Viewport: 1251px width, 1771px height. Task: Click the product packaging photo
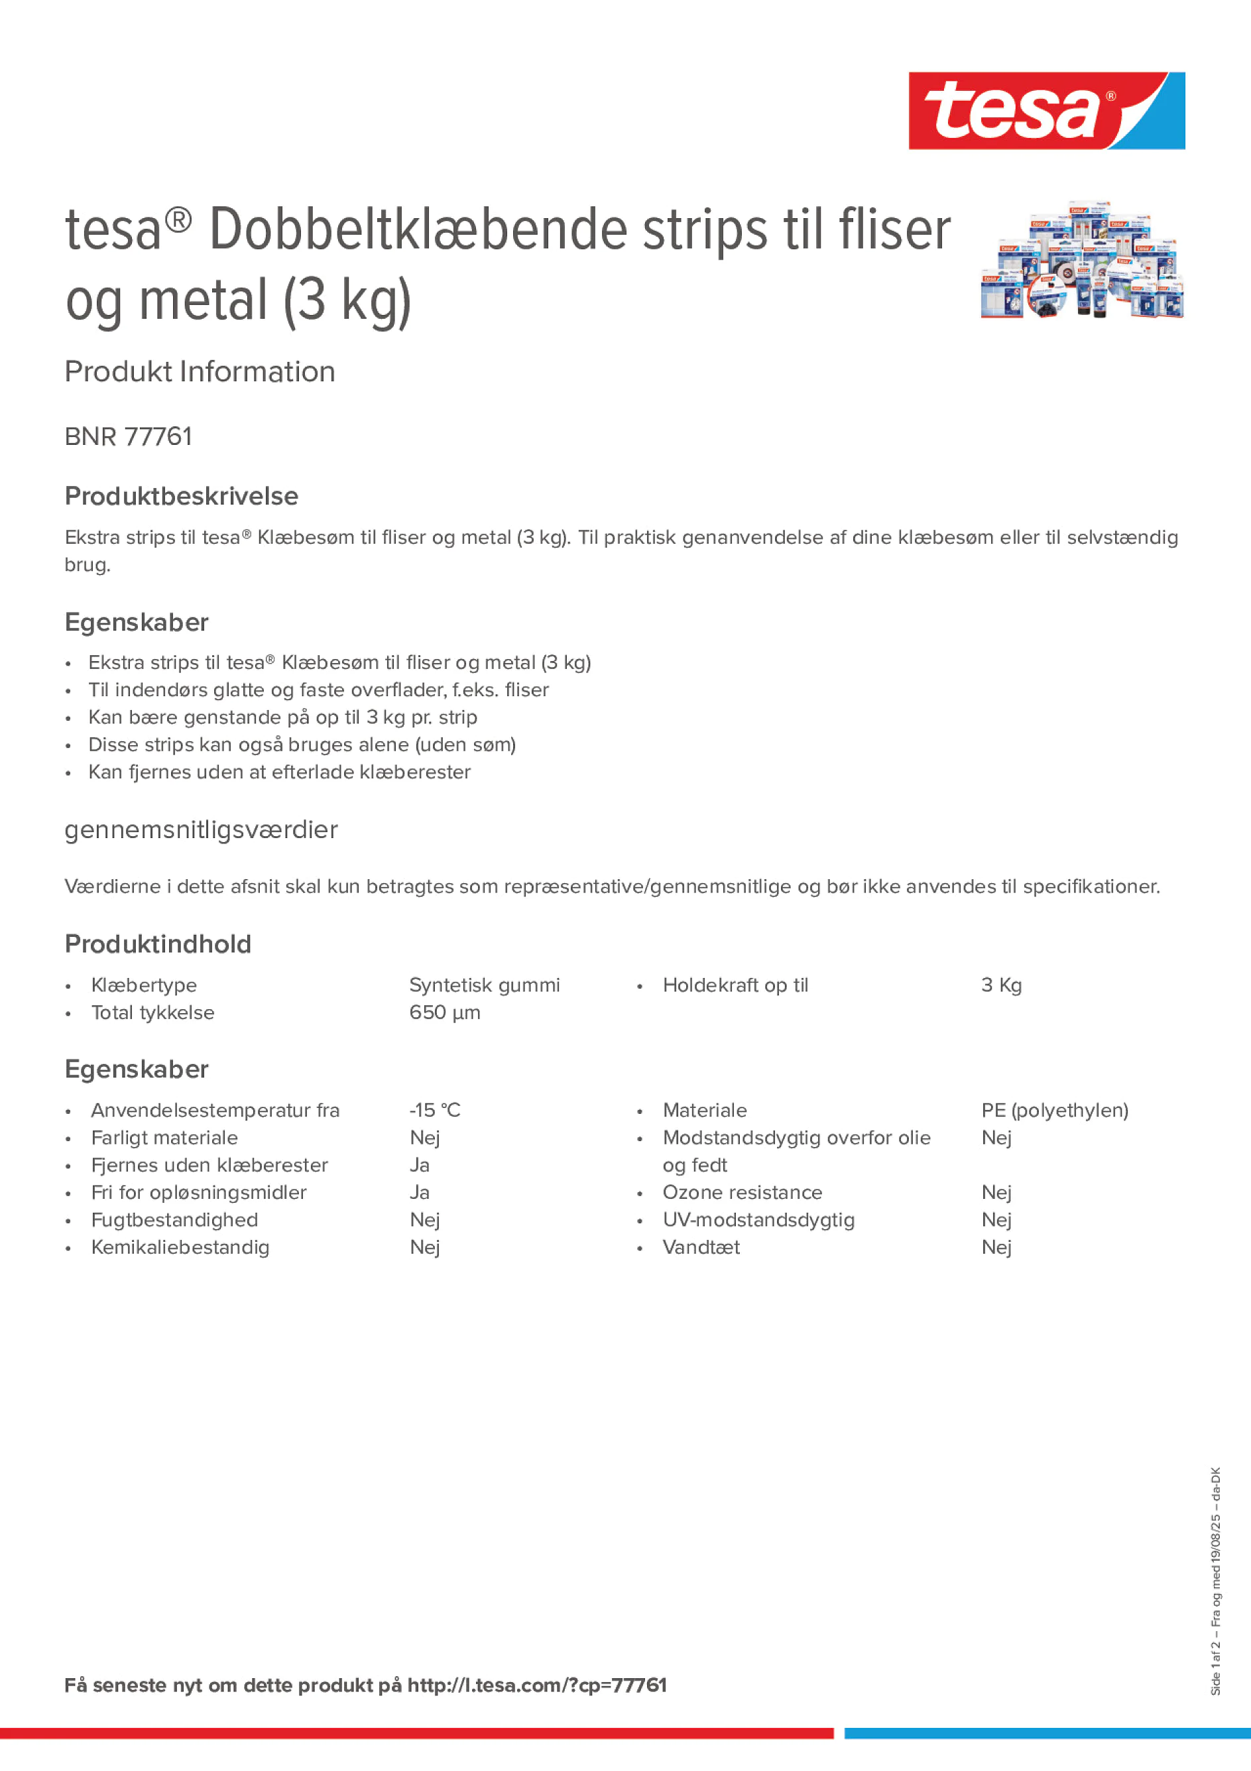point(1081,261)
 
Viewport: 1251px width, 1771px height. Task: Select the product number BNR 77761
point(128,436)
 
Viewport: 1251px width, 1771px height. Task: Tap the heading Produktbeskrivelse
point(181,496)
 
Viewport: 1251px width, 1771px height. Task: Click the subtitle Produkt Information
point(200,372)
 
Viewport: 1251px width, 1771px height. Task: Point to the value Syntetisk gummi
point(485,985)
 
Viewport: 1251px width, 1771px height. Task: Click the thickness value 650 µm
point(444,1012)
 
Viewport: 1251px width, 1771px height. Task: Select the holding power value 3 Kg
point(1001,985)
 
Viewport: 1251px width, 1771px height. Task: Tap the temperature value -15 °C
point(434,1110)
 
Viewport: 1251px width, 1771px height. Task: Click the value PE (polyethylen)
point(1054,1110)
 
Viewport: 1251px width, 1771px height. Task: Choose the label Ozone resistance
point(742,1193)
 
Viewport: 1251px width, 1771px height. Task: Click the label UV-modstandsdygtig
point(758,1219)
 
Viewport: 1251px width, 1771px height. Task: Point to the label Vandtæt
point(701,1247)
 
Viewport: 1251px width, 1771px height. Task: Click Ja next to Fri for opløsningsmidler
point(420,1193)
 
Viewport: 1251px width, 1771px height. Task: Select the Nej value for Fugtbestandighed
point(425,1219)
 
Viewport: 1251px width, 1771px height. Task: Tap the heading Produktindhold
point(158,944)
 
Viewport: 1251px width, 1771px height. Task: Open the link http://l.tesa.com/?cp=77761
point(537,1685)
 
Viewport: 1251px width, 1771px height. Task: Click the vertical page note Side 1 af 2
point(1215,1671)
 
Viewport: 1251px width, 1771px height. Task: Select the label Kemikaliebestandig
point(180,1247)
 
